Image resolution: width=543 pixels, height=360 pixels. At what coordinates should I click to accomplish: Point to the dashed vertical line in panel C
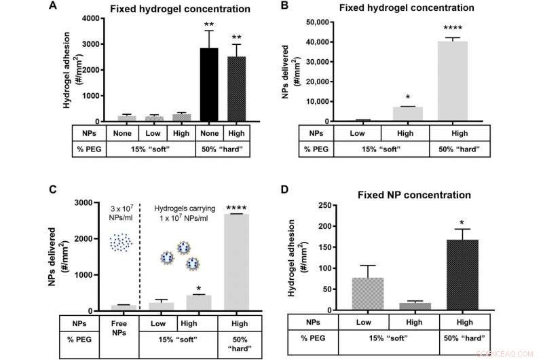point(140,258)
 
